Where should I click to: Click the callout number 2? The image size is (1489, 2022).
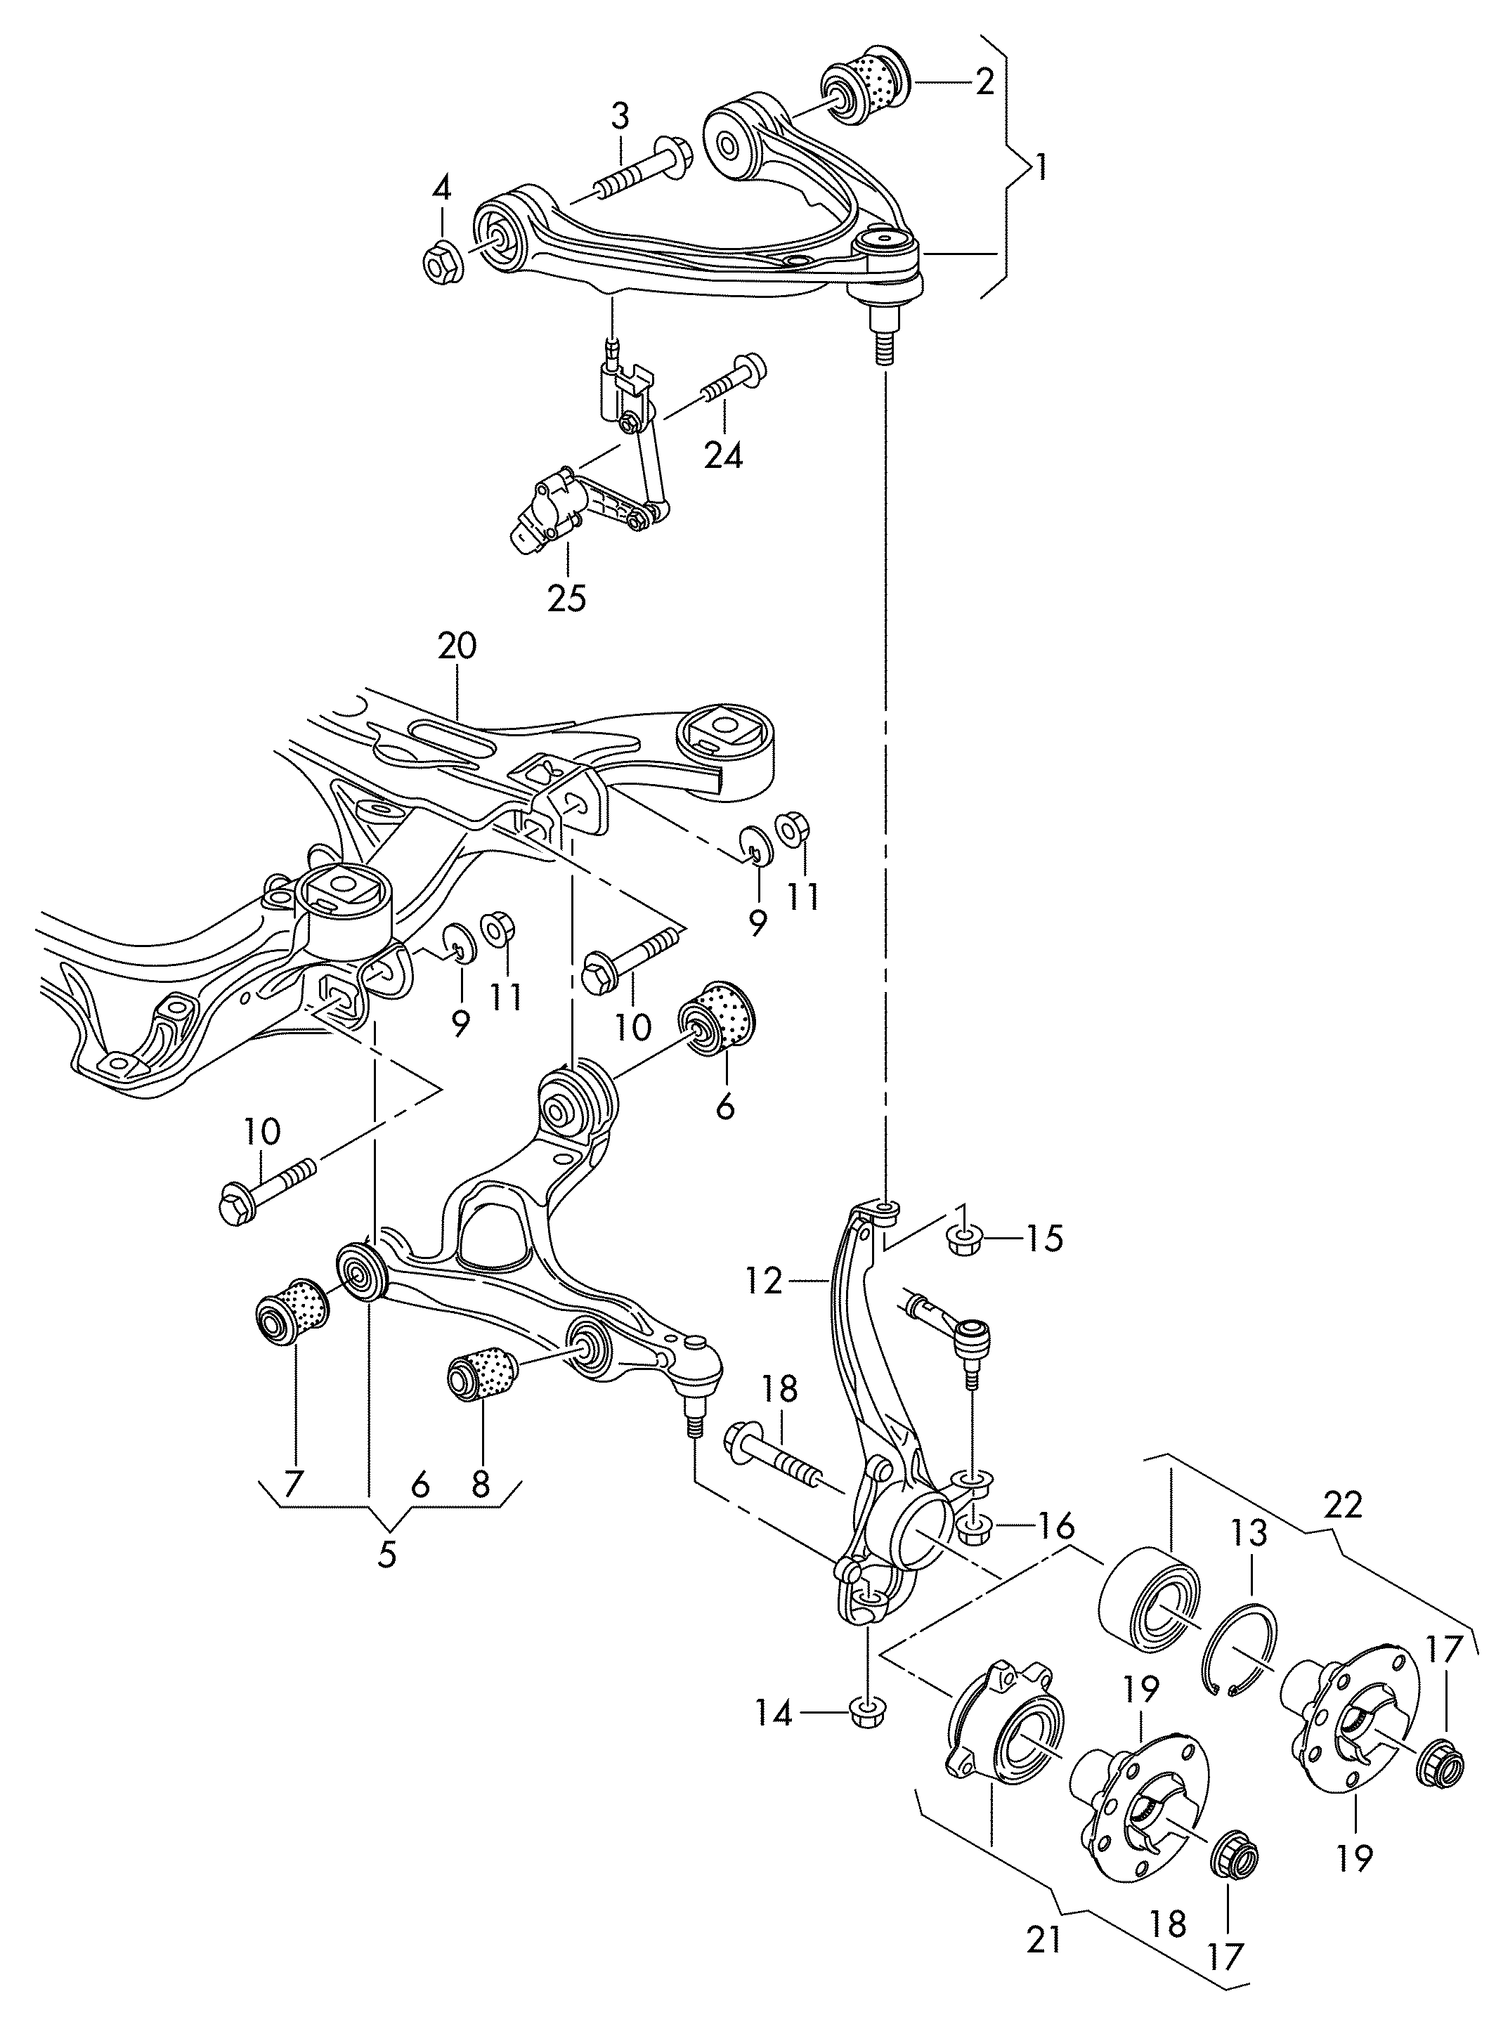point(984,83)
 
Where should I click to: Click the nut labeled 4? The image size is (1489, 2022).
point(443,261)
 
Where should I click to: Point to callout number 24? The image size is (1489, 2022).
point(723,456)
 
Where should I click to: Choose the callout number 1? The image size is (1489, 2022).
point(1042,168)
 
